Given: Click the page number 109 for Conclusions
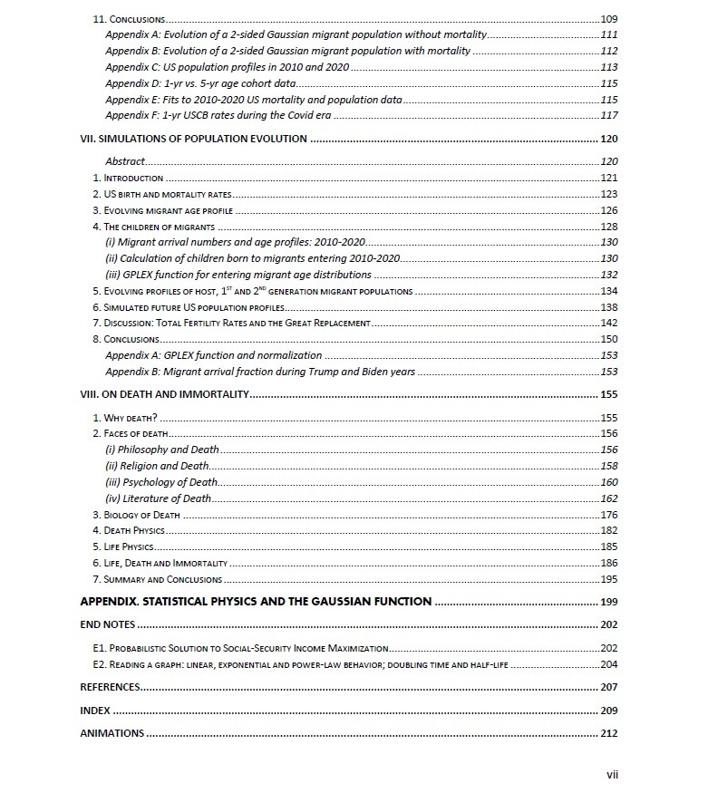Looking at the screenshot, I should coord(608,19).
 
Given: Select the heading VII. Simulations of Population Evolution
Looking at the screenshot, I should coord(193,139).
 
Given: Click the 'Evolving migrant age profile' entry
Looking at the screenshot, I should coord(170,210).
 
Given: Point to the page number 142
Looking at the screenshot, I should coord(608,323).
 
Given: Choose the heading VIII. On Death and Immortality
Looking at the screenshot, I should coord(164,394).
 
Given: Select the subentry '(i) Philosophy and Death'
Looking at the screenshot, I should coord(162,450).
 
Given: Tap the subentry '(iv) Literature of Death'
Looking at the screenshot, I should coord(159,498).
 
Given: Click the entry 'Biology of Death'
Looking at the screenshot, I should coord(142,515).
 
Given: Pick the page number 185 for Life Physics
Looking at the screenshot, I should coord(608,547).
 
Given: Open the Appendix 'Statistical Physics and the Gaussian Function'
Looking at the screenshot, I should coord(256,602).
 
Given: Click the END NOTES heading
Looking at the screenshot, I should coord(108,624).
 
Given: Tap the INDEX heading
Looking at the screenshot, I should coord(95,711).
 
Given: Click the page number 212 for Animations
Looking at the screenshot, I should coord(608,733).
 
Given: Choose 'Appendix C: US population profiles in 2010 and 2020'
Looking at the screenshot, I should coord(227,67).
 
